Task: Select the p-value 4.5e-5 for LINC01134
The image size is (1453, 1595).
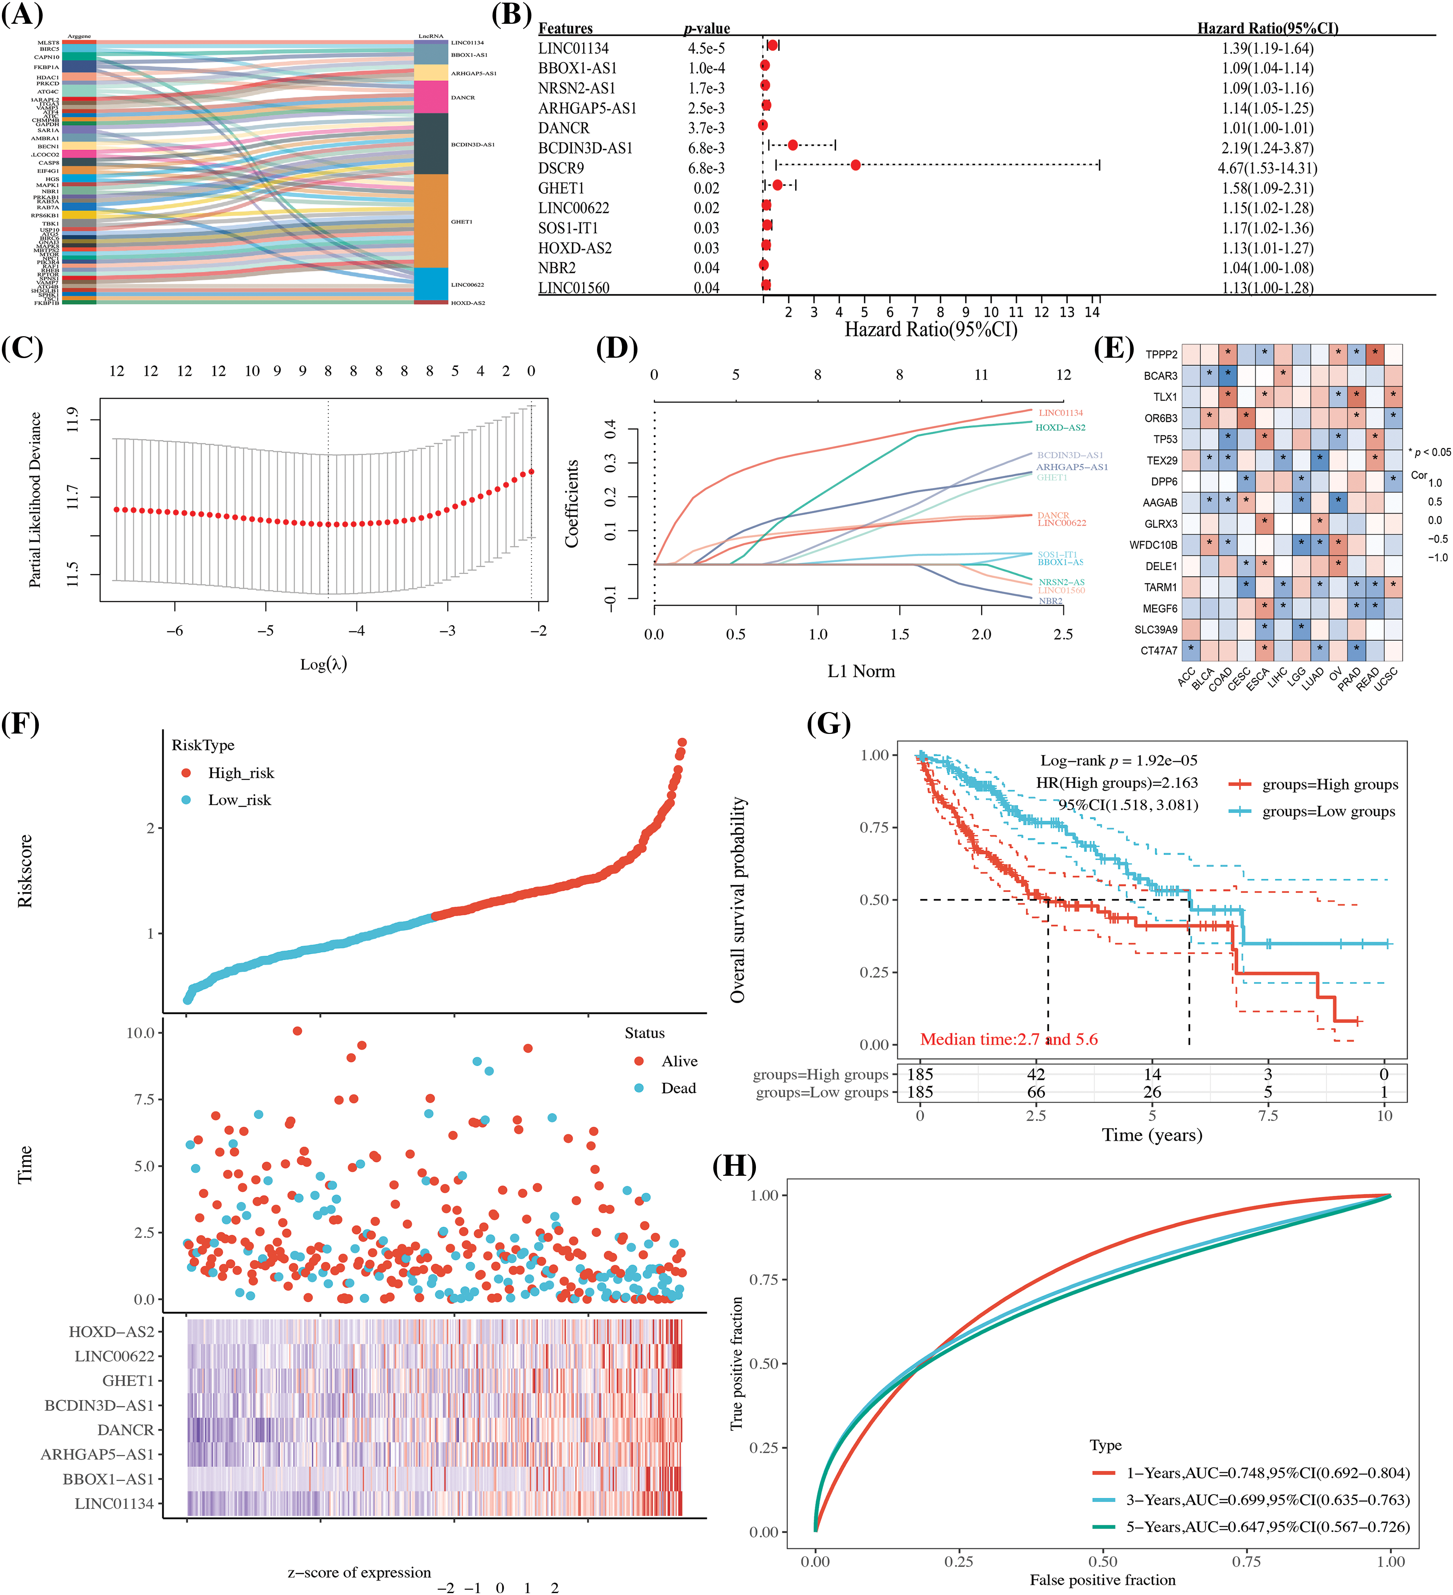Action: coord(706,48)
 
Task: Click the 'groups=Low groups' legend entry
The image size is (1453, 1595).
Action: coord(1328,812)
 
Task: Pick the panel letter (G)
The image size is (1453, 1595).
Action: coord(828,723)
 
